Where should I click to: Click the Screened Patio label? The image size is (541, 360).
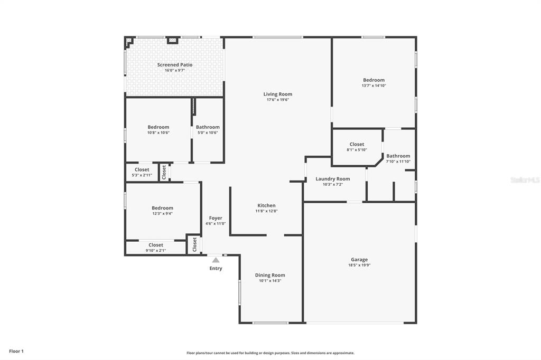[175, 65]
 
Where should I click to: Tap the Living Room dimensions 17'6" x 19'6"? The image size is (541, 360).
[278, 100]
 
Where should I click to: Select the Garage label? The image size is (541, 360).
[359, 260]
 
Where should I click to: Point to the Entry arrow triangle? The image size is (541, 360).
[216, 260]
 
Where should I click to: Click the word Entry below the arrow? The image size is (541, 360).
[216, 268]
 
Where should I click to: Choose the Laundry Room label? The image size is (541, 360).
[333, 178]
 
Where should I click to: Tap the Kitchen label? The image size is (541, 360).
[266, 205]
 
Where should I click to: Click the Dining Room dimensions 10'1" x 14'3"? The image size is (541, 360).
[270, 281]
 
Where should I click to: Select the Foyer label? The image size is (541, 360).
[216, 219]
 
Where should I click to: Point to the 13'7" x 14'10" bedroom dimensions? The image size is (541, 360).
[374, 86]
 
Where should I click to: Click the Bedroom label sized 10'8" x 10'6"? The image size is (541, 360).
[158, 127]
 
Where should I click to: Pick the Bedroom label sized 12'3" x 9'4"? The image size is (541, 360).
[163, 208]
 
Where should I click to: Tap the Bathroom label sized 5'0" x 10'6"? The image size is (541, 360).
[208, 127]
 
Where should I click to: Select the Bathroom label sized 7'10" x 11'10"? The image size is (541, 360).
[398, 156]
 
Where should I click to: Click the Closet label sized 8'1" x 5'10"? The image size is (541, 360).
[357, 144]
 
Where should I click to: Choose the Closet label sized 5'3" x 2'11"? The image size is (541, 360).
[142, 169]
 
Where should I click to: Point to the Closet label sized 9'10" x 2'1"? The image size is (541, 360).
[156, 245]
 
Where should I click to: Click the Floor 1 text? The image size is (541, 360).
[16, 352]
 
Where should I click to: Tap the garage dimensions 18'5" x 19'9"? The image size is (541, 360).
[359, 265]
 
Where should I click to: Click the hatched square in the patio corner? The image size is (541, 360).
[129, 40]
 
